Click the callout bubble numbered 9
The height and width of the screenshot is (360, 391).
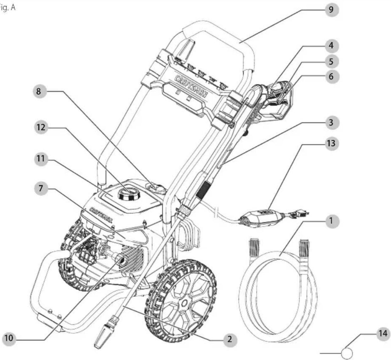[331, 9]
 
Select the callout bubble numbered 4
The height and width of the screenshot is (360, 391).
[331, 46]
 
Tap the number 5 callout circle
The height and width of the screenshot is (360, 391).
[331, 61]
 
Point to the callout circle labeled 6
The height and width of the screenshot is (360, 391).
[331, 77]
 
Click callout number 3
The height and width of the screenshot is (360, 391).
[331, 123]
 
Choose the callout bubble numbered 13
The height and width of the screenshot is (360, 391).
[331, 143]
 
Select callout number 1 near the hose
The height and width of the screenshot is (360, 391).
[331, 221]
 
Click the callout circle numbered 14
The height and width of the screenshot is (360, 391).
[383, 333]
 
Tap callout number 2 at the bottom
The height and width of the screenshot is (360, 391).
[229, 339]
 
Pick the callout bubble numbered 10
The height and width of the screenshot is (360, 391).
[9, 338]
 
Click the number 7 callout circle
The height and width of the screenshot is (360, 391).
[41, 188]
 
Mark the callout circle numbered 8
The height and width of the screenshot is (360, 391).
[39, 92]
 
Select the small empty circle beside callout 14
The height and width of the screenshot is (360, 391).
[347, 352]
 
